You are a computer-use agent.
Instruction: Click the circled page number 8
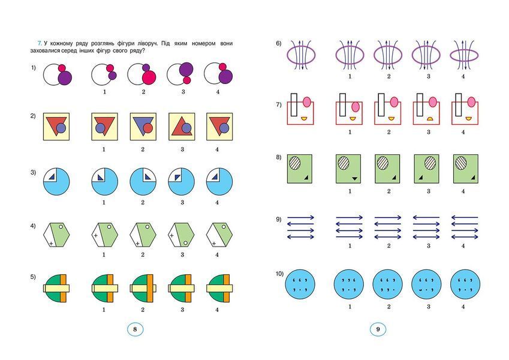tap(135, 329)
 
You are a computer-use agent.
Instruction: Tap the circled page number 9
tap(378, 329)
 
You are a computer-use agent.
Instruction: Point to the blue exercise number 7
tap(40, 43)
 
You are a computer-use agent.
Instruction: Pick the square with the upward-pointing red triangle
tap(182, 127)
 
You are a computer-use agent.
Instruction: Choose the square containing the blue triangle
tap(143, 127)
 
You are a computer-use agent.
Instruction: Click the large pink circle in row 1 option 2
tap(149, 77)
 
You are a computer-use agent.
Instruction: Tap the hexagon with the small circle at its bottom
tap(181, 235)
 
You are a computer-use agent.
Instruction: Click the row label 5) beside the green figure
tap(33, 277)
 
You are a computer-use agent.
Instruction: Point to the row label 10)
tap(280, 274)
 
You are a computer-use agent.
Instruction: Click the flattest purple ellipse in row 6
tap(464, 56)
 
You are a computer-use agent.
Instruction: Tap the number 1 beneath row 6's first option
tap(350, 76)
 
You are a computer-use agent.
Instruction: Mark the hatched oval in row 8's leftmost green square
tap(295, 162)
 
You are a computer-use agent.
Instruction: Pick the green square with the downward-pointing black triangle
tap(348, 169)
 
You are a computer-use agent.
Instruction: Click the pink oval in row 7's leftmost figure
tap(307, 103)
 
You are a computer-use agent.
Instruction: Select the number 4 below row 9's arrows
tap(463, 245)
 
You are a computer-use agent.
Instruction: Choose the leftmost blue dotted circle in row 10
tap(300, 284)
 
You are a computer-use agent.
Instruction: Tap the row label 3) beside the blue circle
tap(33, 173)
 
